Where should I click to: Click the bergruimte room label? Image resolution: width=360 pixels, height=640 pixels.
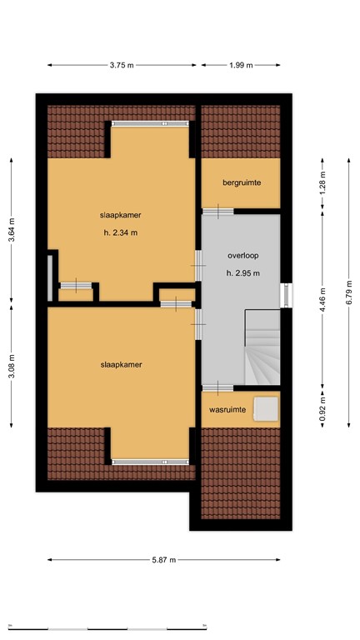tap(242, 182)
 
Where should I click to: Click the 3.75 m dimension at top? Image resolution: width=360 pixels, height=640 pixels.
tap(122, 64)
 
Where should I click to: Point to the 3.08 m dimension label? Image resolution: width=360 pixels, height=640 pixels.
tap(12, 363)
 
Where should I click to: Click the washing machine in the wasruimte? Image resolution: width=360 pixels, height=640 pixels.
tap(266, 407)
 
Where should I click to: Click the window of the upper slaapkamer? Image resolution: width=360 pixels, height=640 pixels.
tap(150, 123)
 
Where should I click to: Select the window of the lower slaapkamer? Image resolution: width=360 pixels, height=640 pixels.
tap(150, 461)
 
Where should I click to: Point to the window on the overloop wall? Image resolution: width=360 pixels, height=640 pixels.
tap(286, 294)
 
